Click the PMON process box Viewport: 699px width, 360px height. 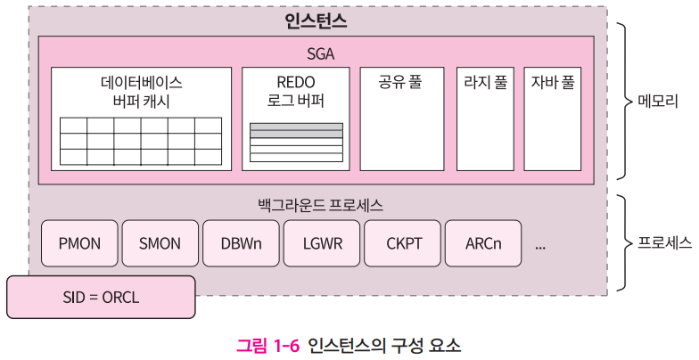point(79,243)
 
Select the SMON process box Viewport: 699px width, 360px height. point(160,243)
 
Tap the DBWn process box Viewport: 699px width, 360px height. point(240,243)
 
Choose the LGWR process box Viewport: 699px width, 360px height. point(321,243)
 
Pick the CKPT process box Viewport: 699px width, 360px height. point(402,243)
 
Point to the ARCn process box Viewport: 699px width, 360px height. point(483,243)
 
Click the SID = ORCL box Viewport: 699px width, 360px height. point(101,297)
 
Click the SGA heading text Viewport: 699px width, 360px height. point(319,53)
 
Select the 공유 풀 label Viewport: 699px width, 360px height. point(400,83)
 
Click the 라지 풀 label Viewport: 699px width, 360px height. point(485,83)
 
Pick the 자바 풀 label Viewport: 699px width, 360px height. point(553,83)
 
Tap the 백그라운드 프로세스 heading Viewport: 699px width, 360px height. point(318,205)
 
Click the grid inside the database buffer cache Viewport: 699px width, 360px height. point(141,141)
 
